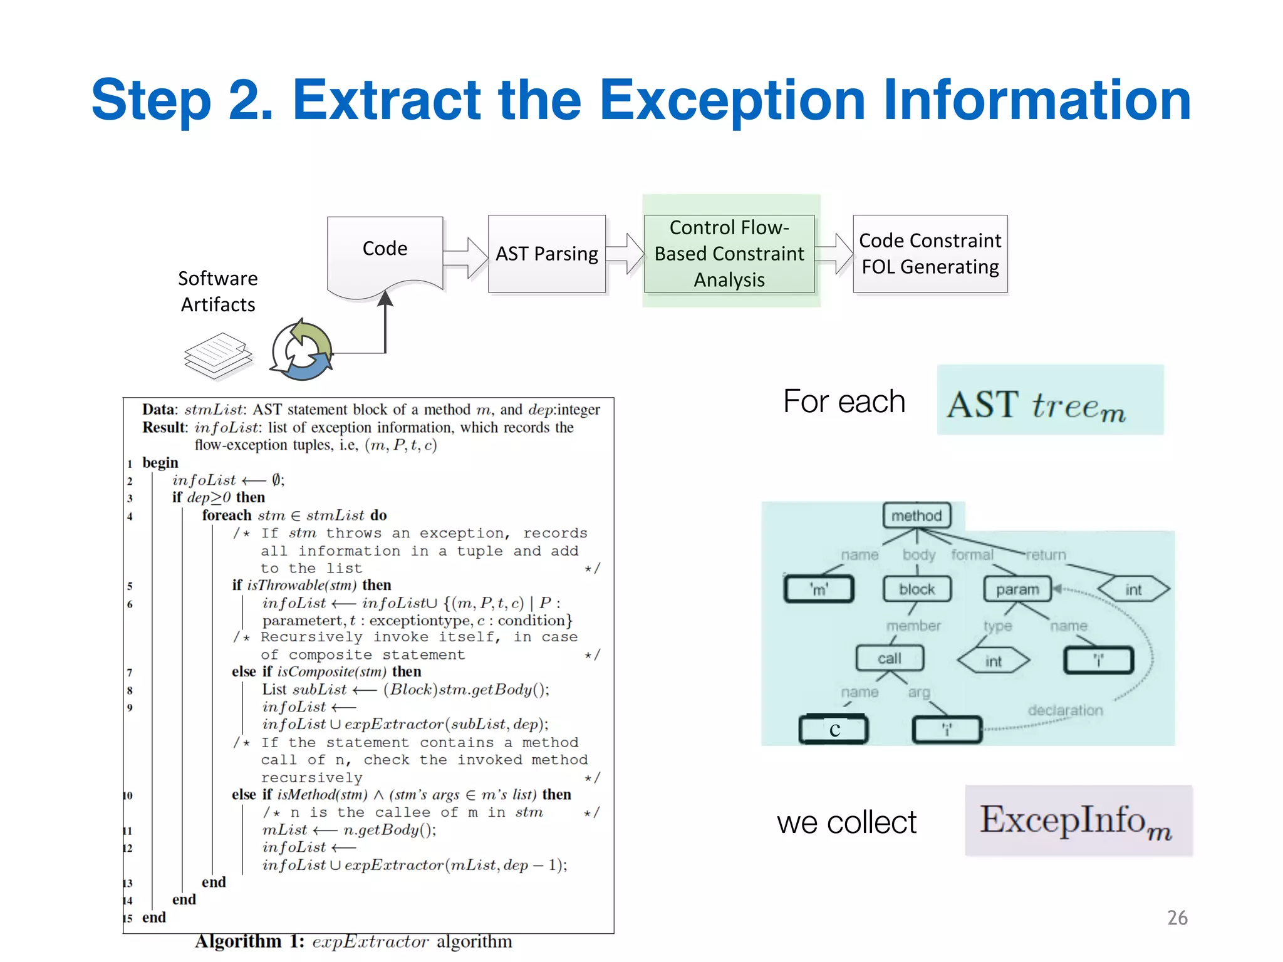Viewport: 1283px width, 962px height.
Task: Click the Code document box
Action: click(x=385, y=251)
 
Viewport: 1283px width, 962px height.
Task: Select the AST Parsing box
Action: click(x=546, y=254)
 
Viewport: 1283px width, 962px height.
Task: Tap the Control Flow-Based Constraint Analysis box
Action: click(x=729, y=254)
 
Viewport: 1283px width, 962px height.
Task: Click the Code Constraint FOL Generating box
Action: click(x=930, y=254)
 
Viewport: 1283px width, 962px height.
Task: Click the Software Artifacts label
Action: click(x=217, y=291)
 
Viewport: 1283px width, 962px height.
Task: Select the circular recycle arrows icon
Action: click(x=302, y=351)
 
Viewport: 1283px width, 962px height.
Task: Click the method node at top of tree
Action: click(x=917, y=515)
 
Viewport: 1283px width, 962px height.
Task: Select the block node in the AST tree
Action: click(x=917, y=589)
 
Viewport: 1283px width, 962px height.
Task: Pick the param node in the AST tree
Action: click(x=1017, y=589)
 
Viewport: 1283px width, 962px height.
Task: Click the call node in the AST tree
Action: click(x=890, y=658)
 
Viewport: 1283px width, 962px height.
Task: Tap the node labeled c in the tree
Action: click(x=834, y=730)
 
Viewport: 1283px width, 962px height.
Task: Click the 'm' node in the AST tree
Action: click(x=819, y=589)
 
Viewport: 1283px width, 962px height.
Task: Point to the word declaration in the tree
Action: click(x=1065, y=710)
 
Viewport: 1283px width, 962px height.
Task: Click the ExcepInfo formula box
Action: click(x=1078, y=820)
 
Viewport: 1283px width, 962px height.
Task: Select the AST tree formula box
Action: click(x=1050, y=400)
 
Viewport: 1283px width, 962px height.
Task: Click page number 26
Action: click(x=1177, y=918)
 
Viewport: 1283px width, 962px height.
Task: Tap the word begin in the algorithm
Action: click(x=160, y=463)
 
